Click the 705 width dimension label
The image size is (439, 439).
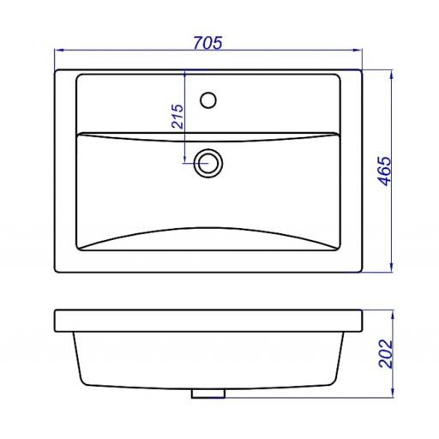(207, 43)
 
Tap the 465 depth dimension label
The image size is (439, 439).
(384, 171)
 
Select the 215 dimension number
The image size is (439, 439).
(177, 117)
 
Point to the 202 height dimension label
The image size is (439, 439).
(385, 353)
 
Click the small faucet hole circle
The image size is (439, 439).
(208, 100)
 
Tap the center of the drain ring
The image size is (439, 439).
(208, 164)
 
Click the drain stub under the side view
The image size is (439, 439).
(208, 394)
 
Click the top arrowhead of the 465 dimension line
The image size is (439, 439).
(392, 74)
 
